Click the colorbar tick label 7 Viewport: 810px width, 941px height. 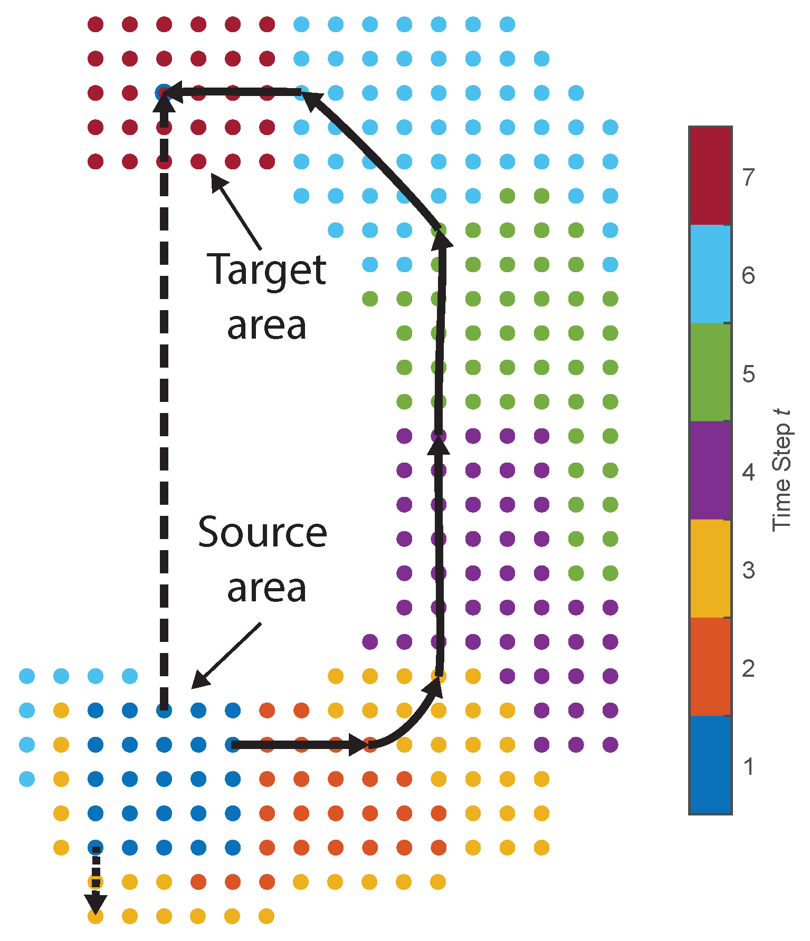[x=748, y=178]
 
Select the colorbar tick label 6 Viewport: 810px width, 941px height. [x=748, y=275]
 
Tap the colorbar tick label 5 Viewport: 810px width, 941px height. [x=748, y=374]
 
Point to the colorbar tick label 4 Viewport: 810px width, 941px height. [x=748, y=472]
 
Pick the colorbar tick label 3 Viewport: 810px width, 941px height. [x=748, y=570]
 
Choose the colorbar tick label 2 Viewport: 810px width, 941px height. [x=748, y=668]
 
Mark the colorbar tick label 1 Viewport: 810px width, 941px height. [x=748, y=766]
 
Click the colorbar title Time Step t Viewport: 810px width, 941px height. [x=782, y=470]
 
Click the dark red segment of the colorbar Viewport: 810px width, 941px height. [x=710, y=176]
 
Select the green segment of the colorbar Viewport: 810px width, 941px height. [x=710, y=372]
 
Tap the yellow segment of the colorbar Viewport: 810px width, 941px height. [x=710, y=568]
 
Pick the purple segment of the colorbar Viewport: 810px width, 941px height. [x=710, y=470]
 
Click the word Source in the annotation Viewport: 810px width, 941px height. [x=262, y=533]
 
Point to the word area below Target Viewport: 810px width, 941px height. [x=266, y=325]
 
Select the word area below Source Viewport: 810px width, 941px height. [x=266, y=588]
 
